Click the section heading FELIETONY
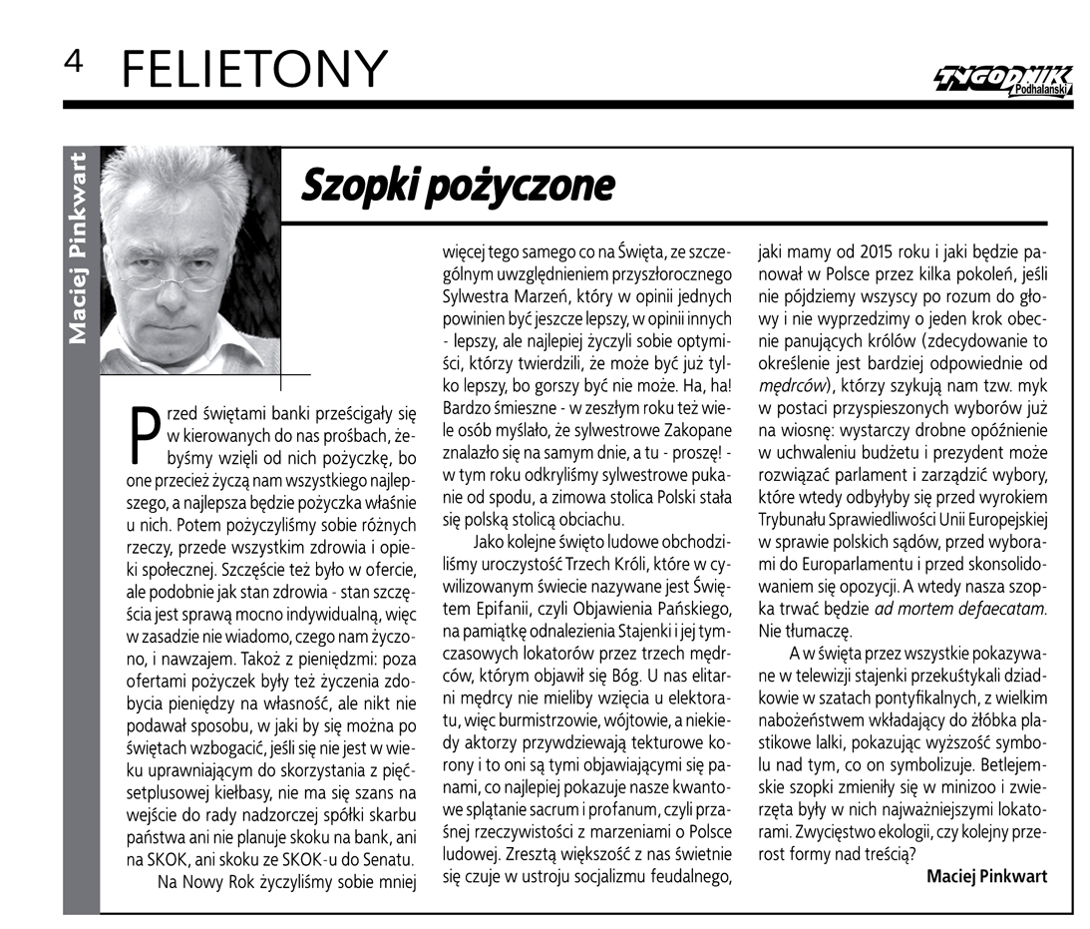click(252, 69)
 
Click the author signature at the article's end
click(986, 875)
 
